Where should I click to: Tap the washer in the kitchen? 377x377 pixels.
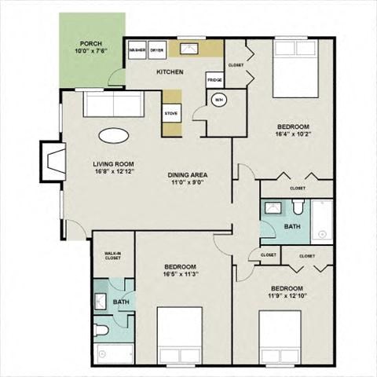(x=138, y=50)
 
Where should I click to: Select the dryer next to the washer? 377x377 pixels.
(x=157, y=50)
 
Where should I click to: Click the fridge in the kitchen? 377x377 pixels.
(x=214, y=80)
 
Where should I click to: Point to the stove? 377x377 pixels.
(x=171, y=113)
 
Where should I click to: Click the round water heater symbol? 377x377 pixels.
(x=219, y=100)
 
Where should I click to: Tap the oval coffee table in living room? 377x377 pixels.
(x=115, y=134)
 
